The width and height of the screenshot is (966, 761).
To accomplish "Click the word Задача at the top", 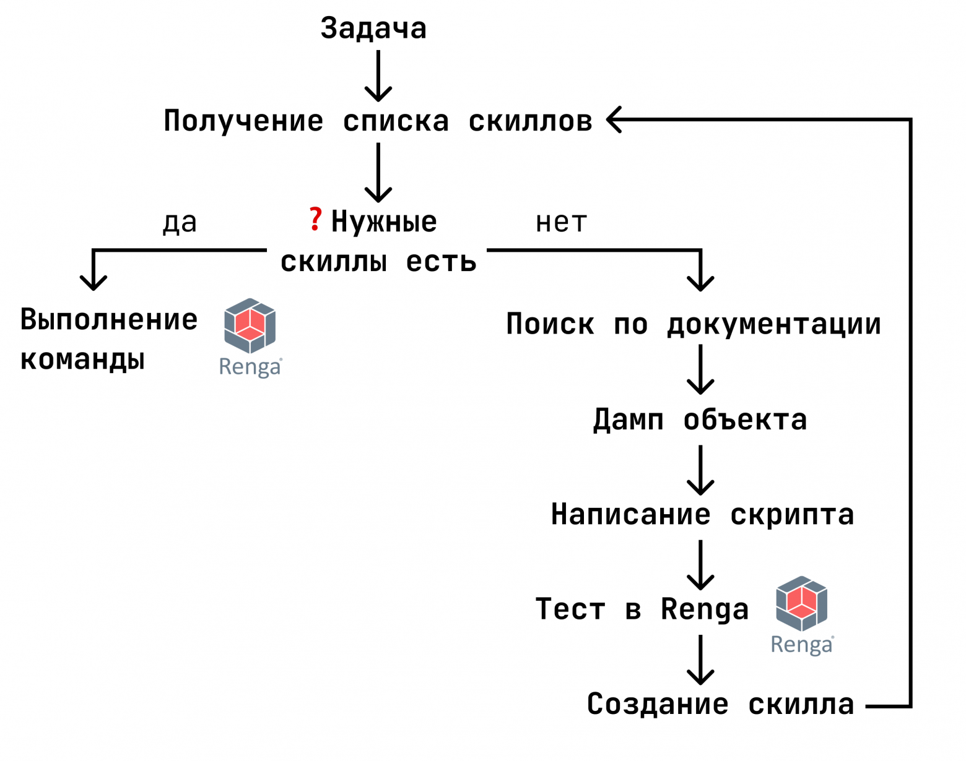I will click(x=373, y=28).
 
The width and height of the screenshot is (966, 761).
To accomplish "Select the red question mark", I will click(x=315, y=220).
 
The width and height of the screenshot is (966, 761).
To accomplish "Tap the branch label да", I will click(x=180, y=222).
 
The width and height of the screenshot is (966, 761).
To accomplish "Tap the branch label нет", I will click(x=561, y=222).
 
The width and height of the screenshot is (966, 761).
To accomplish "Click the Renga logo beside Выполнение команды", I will click(x=250, y=337).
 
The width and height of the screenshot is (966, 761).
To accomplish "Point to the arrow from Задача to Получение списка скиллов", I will click(x=378, y=75).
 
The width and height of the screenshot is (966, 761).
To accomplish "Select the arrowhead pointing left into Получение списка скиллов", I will click(x=615, y=119).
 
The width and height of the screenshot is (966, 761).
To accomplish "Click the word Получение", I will click(x=243, y=121).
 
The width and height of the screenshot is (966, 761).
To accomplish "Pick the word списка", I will click(x=396, y=121).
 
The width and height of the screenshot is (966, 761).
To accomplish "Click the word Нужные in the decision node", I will click(x=384, y=221).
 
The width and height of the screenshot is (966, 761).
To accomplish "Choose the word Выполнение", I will click(x=109, y=319).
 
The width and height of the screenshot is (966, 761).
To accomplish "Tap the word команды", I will click(x=82, y=359).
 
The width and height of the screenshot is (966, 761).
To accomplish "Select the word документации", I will click(x=774, y=324).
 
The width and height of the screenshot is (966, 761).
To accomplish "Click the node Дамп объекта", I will click(x=700, y=420).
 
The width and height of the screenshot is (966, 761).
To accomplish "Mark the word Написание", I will click(x=630, y=514).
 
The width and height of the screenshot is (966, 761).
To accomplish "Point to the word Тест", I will click(x=570, y=609).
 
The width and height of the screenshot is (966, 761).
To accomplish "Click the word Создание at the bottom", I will click(x=658, y=704).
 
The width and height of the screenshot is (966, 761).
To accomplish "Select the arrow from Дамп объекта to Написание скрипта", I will click(x=700, y=470).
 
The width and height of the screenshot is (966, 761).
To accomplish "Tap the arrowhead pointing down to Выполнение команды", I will click(x=94, y=282).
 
